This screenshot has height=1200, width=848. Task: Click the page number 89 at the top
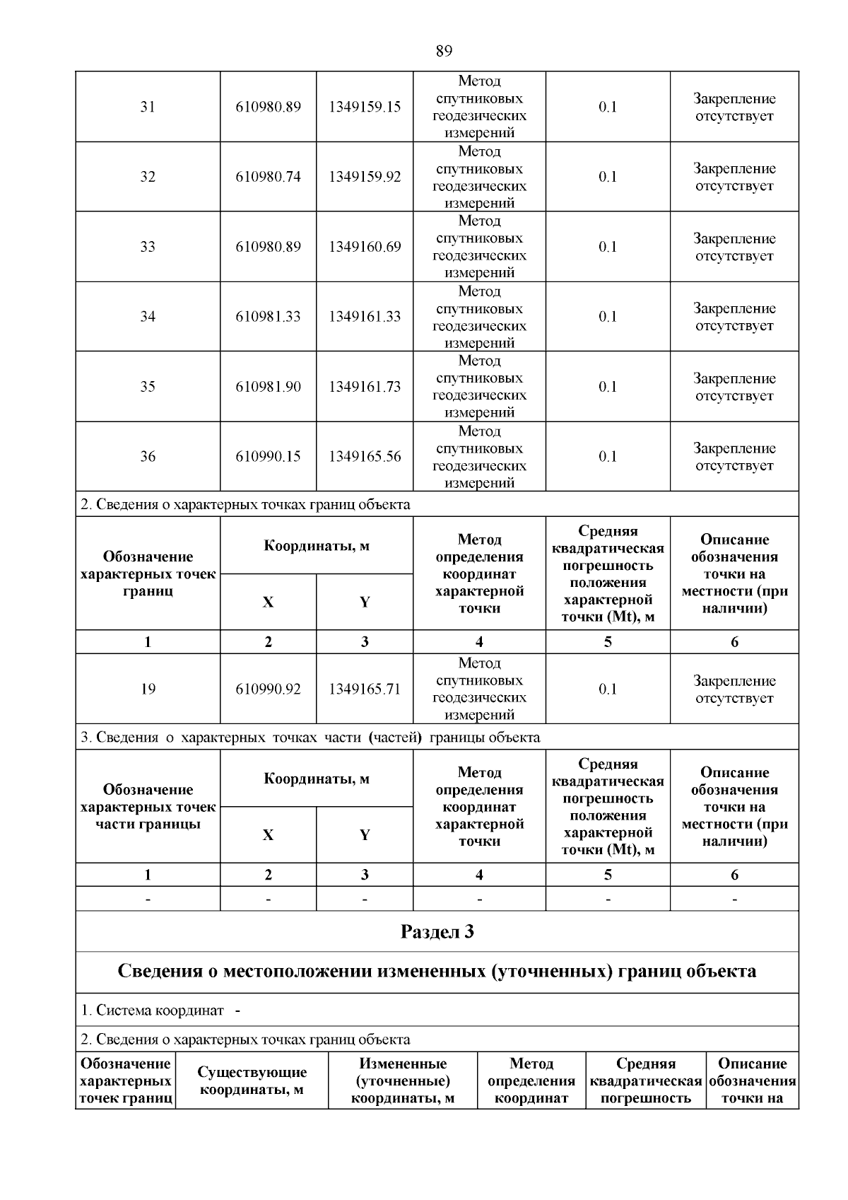444,51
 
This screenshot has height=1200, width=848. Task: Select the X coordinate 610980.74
268,177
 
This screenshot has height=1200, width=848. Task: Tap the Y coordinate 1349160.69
364,247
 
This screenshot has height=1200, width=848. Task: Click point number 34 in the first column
147,317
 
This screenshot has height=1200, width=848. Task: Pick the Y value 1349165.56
364,457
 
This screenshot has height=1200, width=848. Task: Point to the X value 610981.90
268,387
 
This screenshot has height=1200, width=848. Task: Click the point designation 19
147,689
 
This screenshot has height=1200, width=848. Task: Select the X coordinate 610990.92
268,689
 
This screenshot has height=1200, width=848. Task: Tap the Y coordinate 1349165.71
364,689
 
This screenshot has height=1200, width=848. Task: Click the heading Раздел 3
437,932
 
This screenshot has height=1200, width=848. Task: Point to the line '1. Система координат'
160,1010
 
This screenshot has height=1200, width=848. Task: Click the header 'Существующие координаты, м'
252,1081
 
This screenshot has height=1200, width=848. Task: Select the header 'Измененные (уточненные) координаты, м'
403,1081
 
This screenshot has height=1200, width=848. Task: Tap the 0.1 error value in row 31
608,107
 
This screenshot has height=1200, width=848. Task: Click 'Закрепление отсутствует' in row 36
734,457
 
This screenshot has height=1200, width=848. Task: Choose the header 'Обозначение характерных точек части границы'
148,807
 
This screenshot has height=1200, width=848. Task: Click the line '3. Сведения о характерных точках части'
310,738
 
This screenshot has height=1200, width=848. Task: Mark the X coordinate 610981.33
268,317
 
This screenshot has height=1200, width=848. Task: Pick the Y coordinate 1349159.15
364,107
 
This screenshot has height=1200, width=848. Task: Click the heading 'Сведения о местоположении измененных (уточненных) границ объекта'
437,972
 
